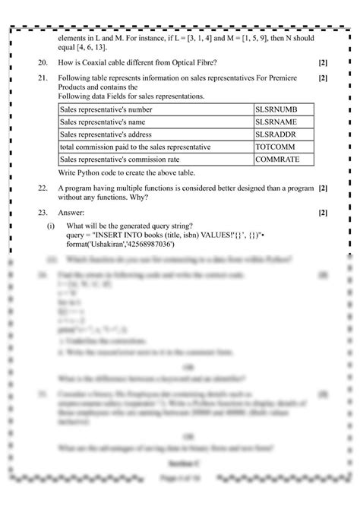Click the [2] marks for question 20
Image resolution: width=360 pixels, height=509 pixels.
pyautogui.click(x=324, y=62)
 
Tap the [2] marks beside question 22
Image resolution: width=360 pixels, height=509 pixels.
pyautogui.click(x=324, y=187)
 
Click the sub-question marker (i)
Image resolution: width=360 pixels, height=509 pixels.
pyautogui.click(x=50, y=226)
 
